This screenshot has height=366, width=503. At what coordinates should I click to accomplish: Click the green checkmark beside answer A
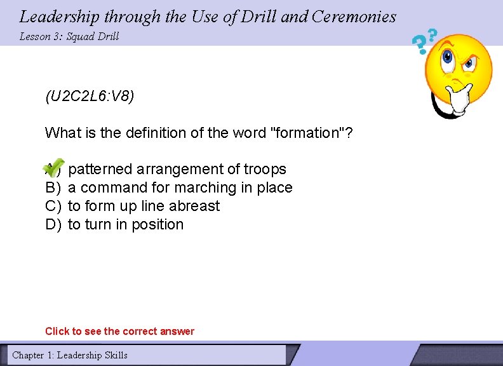[x=55, y=166]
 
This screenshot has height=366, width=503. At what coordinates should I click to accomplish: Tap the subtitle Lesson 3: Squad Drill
[x=69, y=36]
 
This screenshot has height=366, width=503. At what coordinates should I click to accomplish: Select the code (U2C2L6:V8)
[x=90, y=97]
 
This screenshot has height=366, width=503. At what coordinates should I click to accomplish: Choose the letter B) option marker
[x=53, y=187]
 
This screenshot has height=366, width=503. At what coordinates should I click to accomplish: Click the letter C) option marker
[x=53, y=206]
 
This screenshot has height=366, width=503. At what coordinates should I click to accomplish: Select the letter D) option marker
[x=53, y=224]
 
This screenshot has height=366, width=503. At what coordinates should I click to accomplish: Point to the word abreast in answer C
[x=194, y=206]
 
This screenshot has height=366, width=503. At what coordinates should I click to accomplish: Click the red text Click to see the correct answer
[x=119, y=331]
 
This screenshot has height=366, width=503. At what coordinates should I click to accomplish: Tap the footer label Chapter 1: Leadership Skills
[x=70, y=355]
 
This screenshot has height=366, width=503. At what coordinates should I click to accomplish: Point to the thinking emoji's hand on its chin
[x=456, y=95]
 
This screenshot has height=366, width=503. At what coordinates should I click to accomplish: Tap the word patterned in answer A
[x=99, y=169]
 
